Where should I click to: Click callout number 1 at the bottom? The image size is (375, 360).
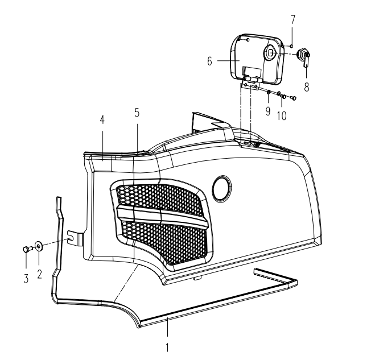pos(167,347)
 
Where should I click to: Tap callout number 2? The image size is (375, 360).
pos(39,274)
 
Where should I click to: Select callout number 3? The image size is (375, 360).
pos(26,279)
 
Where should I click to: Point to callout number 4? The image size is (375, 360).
pos(102,120)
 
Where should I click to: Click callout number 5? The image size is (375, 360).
pos(137,113)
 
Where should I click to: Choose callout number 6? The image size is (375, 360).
pos(209,61)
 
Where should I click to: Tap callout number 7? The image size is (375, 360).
pos(292,19)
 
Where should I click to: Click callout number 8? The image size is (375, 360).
pos(307,87)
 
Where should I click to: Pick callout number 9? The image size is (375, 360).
pos(268,111)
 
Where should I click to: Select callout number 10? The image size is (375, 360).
pos(282,116)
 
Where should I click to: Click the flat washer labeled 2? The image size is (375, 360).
pos(39,246)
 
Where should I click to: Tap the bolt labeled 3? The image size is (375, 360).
pos(27,249)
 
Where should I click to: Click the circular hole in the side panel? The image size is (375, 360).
pos(222,189)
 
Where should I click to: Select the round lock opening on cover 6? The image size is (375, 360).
pos(270,52)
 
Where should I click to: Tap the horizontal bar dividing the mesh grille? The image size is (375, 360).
pos(163,216)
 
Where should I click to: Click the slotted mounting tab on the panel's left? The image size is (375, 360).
pos(75,238)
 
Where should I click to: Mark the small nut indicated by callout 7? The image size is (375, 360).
pos(291,46)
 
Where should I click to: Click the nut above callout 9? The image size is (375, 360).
pos(269,92)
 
